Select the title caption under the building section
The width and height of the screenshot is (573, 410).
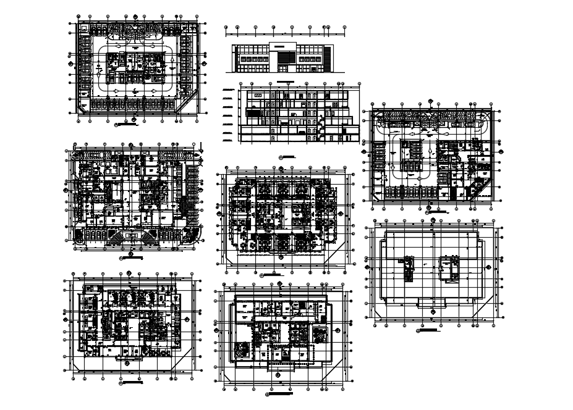[x=289, y=156]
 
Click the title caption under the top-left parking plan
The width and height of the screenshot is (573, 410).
[x=128, y=125]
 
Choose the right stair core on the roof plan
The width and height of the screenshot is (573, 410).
[x=449, y=267]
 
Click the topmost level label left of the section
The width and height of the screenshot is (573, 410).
[x=227, y=91]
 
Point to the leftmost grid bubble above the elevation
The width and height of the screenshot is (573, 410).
[x=226, y=28]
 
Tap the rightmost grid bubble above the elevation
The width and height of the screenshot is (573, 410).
[x=343, y=28]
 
